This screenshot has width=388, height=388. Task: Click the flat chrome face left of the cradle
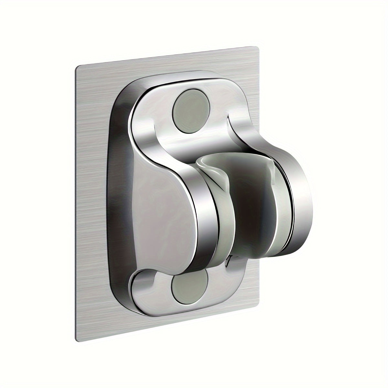click(162, 200)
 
